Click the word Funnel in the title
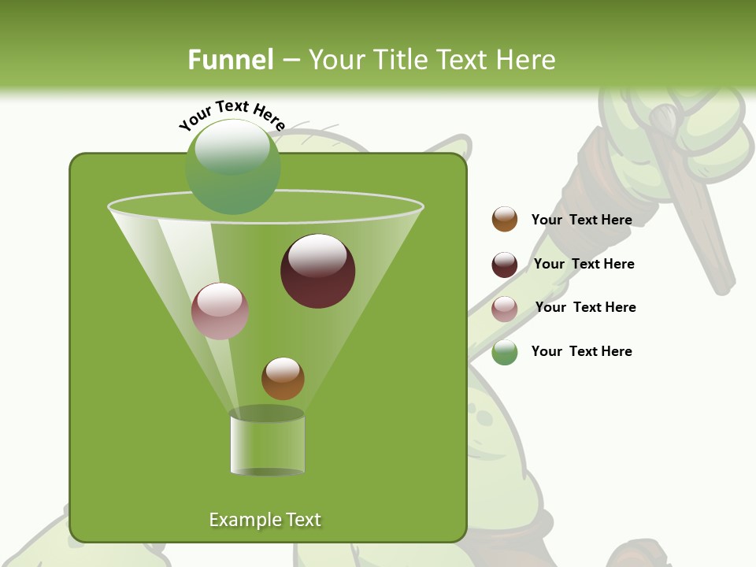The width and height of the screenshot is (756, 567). click(231, 59)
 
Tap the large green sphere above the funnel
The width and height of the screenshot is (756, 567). click(232, 166)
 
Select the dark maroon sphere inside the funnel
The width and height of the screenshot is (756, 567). click(317, 271)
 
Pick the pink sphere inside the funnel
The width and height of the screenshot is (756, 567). click(220, 311)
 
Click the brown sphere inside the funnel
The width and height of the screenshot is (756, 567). click(283, 379)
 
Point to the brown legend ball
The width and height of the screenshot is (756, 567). click(505, 220)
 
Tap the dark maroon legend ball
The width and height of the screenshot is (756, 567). click(505, 265)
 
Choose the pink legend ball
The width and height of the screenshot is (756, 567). click(505, 309)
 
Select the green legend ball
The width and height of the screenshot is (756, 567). click(505, 352)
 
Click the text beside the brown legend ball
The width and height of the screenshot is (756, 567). click(581, 220)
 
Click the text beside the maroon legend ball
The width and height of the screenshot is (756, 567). click(584, 264)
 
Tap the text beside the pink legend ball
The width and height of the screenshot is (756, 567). click(585, 307)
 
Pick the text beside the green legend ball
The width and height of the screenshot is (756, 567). click(581, 351)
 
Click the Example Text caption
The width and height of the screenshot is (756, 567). click(265, 520)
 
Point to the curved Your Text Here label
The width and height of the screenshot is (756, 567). click(232, 114)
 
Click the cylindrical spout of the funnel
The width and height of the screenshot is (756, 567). click(267, 443)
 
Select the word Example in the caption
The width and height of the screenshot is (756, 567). click(240, 520)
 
